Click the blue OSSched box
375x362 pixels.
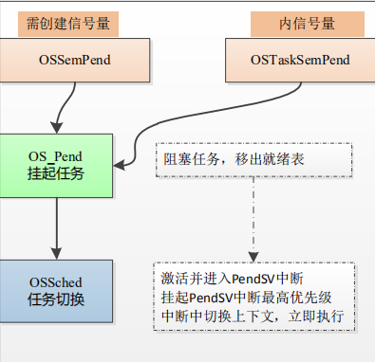[56, 292]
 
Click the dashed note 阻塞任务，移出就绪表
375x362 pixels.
[252, 160]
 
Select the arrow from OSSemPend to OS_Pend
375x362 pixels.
[63, 106]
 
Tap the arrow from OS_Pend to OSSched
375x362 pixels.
[56, 226]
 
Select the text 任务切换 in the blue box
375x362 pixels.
[56, 300]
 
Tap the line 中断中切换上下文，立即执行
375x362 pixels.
[252, 315]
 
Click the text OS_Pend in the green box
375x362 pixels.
[56, 154]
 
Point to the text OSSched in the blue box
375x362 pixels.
[56, 283]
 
